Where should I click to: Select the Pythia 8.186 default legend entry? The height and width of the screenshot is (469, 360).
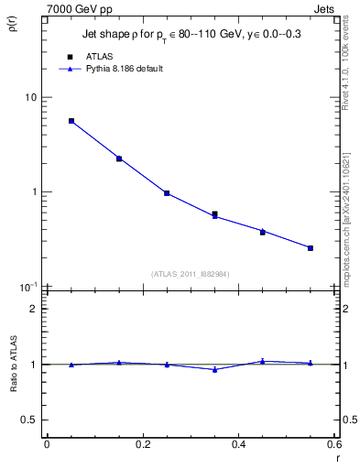click(124, 69)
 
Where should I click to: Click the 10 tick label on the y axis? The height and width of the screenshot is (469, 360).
click(31, 97)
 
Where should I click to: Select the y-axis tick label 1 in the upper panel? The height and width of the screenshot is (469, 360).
click(34, 192)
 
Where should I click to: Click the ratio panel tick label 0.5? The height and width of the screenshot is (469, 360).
click(30, 420)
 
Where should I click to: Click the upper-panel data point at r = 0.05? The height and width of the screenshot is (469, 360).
click(71, 121)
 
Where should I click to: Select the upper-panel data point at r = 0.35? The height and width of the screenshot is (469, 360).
click(214, 214)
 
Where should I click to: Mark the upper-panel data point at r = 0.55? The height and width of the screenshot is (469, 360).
click(311, 248)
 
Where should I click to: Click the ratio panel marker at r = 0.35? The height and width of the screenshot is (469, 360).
click(214, 370)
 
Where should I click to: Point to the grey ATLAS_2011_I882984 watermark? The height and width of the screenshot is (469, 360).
click(191, 273)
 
